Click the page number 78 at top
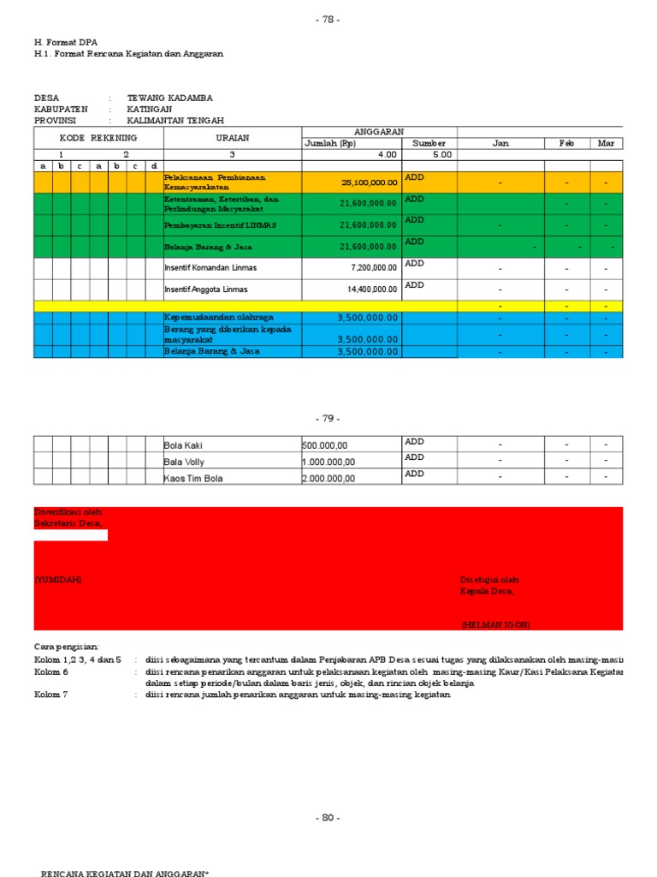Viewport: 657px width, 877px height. coord(328,20)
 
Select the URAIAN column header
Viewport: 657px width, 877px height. coord(232,137)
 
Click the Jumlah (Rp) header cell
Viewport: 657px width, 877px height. coord(329,143)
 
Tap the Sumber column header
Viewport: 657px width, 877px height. coord(429,143)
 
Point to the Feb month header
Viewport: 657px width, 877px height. coord(566,143)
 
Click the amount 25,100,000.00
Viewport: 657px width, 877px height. coord(369,182)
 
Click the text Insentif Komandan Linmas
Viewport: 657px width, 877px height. coord(210,268)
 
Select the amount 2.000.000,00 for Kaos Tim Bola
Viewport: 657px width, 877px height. coord(328,479)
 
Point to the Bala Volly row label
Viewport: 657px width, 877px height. coord(185,462)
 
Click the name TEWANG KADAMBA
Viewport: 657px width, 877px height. coord(169,98)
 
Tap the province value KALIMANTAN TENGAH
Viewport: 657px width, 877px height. coord(181,121)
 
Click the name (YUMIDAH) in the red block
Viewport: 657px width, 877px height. coord(58,580)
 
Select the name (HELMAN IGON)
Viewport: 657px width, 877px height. coord(495,625)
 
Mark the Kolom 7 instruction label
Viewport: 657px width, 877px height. coord(51,695)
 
